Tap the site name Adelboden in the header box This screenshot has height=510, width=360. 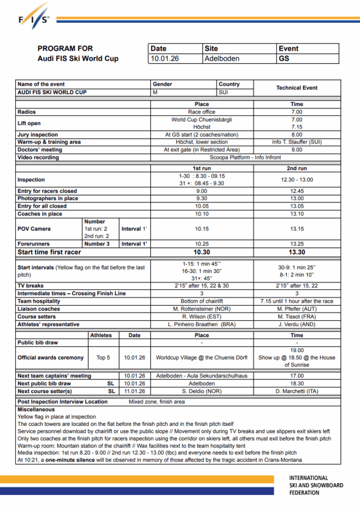coord(222,58)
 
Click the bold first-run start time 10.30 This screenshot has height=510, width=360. coord(202,252)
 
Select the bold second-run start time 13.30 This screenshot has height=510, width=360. coord(297,252)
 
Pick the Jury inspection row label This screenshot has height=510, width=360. coord(37,134)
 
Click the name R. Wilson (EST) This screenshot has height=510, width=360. coord(202,316)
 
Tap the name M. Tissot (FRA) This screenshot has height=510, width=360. coord(297,316)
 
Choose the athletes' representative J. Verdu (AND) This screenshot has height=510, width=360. coord(297,324)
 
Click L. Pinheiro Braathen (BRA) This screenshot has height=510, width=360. coord(202,324)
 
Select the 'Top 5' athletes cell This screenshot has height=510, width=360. coord(103,358)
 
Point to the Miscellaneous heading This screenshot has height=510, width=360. coord(36,409)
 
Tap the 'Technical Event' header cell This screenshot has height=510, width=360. coord(297,88)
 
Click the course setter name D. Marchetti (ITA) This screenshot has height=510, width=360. coord(297,391)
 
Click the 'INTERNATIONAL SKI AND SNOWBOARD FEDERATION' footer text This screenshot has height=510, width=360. coord(316,485)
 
